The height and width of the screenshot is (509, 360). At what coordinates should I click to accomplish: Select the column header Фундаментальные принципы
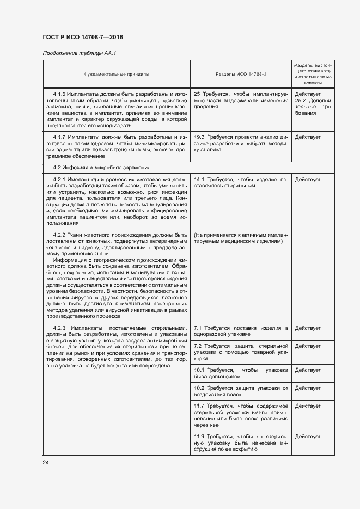[116, 73]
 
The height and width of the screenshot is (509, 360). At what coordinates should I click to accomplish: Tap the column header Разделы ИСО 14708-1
[241, 73]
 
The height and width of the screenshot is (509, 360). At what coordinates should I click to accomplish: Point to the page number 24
[46, 462]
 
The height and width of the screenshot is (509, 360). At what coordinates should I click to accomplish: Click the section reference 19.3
[199, 137]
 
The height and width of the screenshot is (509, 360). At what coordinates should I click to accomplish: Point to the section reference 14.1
[199, 180]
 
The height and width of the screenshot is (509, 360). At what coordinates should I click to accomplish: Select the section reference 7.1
[198, 328]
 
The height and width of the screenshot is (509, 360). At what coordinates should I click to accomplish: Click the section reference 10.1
[199, 370]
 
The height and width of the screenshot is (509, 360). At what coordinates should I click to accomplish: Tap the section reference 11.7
[199, 406]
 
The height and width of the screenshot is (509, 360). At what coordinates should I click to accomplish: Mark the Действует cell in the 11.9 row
[308, 436]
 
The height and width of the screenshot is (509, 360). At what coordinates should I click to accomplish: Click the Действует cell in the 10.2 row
[308, 388]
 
